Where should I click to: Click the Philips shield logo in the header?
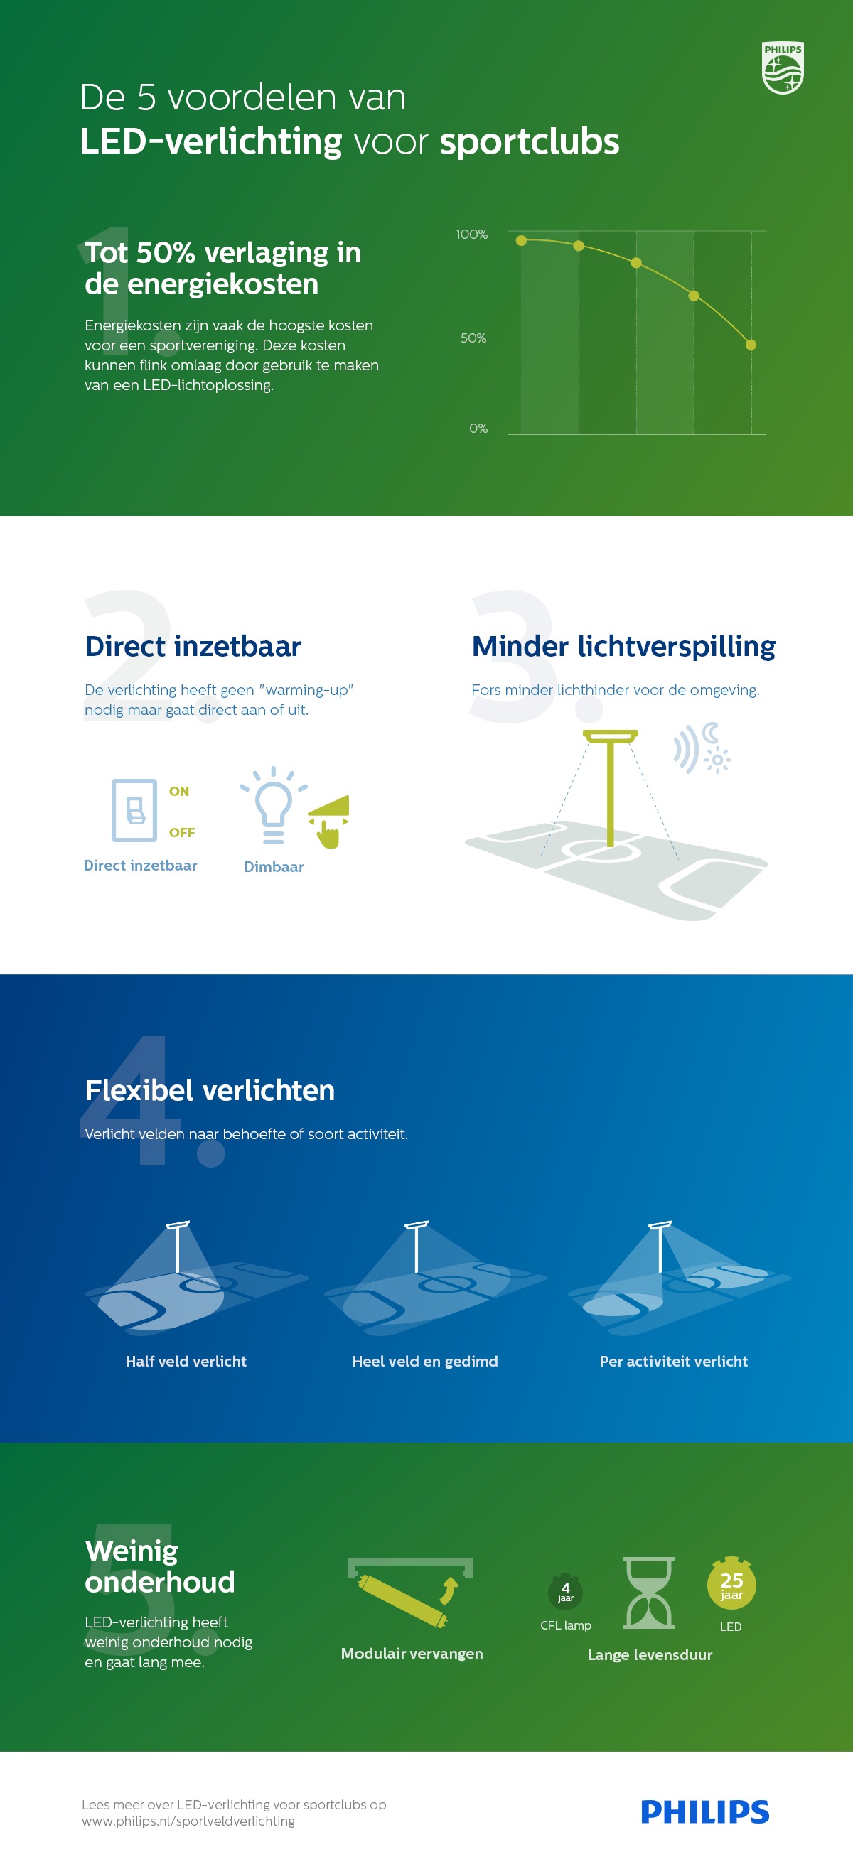tap(783, 68)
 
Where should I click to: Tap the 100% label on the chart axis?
tap(471, 235)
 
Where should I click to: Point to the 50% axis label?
tap(473, 338)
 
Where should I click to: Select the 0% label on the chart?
tap(478, 429)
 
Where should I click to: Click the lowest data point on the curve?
tap(751, 345)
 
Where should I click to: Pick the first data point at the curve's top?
tap(521, 240)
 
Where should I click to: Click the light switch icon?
tap(134, 809)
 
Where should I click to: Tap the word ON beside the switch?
tap(179, 792)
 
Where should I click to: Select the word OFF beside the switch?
tap(182, 832)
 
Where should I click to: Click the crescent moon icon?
tap(710, 733)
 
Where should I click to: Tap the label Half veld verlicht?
tap(186, 1361)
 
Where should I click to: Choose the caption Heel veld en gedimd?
tap(425, 1361)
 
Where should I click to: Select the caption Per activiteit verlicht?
tap(673, 1361)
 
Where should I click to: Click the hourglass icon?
tap(649, 1593)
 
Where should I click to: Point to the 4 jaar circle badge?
tap(566, 1592)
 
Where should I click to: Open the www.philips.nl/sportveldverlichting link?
tap(188, 1821)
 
